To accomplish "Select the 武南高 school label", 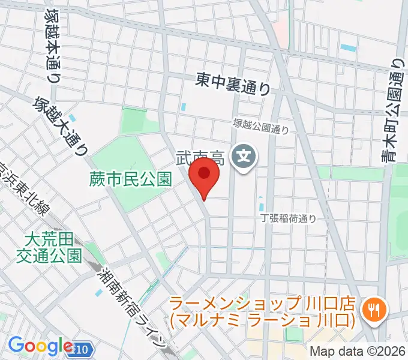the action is (x=200, y=158).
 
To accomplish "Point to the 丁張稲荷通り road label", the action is (x=288, y=219).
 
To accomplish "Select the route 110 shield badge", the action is (x=83, y=347).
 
